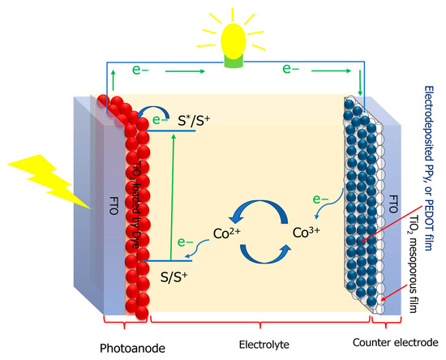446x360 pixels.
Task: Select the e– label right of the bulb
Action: [294, 70]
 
